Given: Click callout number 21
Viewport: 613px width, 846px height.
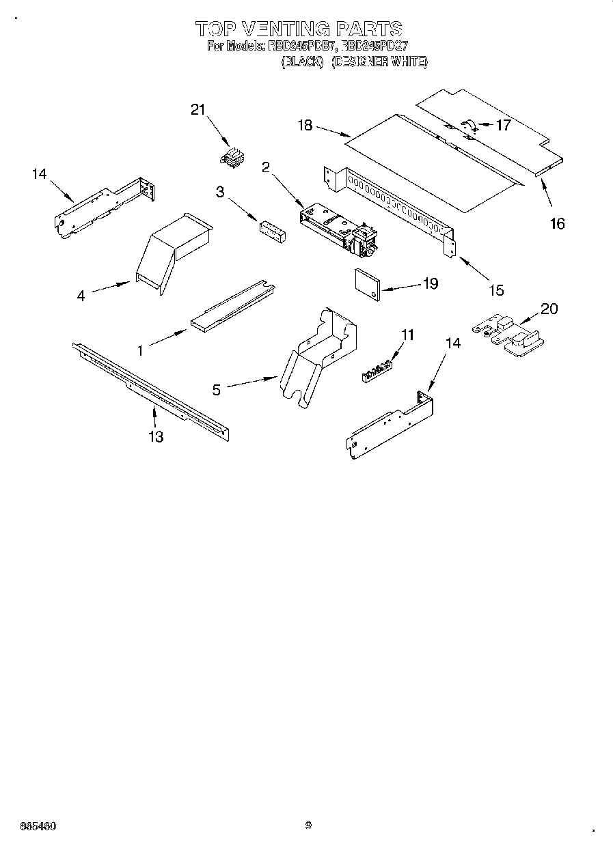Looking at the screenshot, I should [197, 111].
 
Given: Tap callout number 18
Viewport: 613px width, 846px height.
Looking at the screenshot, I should [305, 125].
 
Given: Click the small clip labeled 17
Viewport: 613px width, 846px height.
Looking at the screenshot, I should [469, 125].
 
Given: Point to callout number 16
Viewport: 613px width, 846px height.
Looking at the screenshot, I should [558, 223].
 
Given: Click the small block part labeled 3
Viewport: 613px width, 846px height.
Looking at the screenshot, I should [272, 230].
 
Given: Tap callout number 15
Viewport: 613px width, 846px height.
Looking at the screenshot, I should [496, 290].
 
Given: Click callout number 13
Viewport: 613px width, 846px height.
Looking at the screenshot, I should [156, 436].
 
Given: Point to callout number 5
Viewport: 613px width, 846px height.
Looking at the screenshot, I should [217, 390].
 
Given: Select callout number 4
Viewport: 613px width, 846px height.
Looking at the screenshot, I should [81, 296].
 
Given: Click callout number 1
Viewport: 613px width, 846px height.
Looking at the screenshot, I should [140, 350].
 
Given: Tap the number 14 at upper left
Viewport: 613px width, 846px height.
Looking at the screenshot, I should [39, 174].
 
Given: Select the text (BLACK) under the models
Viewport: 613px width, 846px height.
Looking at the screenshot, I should [302, 62].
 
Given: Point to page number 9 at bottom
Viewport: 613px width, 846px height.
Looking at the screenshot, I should [309, 825].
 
